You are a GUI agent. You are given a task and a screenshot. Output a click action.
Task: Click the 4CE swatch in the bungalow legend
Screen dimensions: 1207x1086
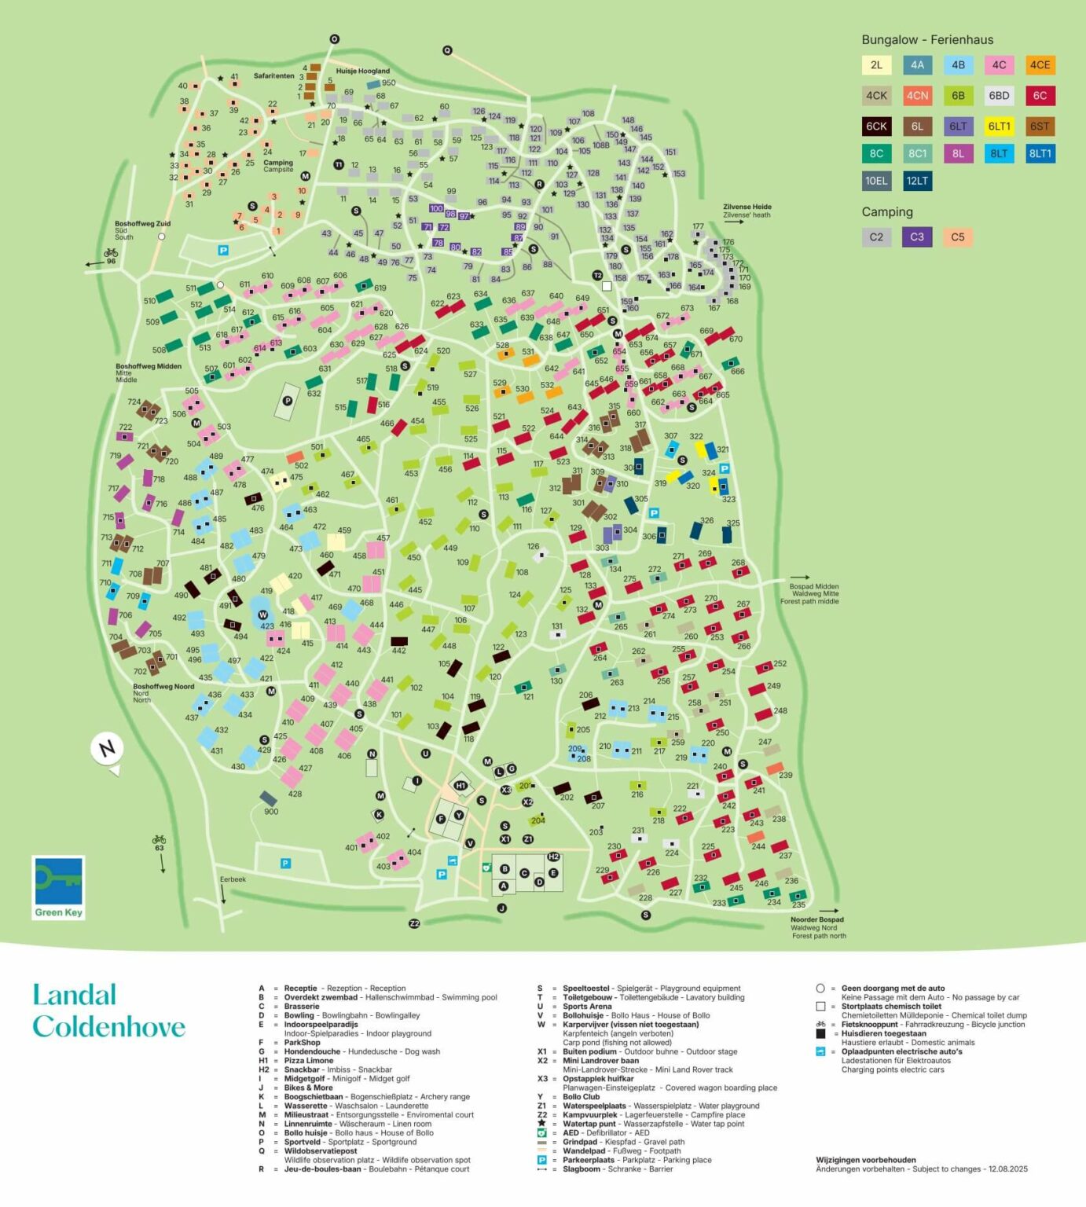(1040, 65)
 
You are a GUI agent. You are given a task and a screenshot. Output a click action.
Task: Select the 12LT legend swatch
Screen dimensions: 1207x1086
(917, 181)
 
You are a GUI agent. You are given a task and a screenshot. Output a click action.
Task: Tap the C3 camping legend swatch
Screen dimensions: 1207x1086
(917, 237)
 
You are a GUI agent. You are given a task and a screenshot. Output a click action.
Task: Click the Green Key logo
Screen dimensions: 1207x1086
(58, 887)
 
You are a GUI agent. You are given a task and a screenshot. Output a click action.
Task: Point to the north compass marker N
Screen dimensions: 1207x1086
(107, 747)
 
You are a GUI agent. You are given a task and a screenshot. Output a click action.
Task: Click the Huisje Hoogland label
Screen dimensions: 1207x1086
(363, 71)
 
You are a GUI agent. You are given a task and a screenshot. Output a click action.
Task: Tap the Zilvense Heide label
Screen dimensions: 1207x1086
(747, 207)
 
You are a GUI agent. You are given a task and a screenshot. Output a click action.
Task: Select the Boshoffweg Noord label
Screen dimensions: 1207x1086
(163, 686)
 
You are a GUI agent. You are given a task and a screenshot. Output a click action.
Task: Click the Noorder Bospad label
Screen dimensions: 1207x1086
(817, 919)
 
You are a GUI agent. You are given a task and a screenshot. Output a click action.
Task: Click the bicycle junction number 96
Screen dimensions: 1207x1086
(111, 261)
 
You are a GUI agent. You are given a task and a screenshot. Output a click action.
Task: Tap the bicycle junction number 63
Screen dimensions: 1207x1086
(159, 848)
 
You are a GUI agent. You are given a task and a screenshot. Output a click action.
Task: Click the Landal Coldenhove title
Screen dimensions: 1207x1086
(108, 1011)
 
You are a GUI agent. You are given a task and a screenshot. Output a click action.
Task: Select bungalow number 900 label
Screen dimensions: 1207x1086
(271, 812)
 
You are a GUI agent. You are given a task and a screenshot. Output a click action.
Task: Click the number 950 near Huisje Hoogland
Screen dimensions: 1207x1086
(388, 83)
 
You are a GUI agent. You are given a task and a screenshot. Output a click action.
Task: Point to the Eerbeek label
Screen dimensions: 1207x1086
(233, 879)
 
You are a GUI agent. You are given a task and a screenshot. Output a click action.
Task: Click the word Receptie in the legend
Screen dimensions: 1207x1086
(300, 989)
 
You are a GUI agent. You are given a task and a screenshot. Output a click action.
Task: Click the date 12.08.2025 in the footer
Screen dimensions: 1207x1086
(1007, 1168)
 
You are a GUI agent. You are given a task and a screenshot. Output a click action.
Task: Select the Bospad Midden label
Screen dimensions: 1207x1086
(814, 586)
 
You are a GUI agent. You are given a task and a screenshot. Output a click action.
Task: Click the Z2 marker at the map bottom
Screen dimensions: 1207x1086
(415, 923)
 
